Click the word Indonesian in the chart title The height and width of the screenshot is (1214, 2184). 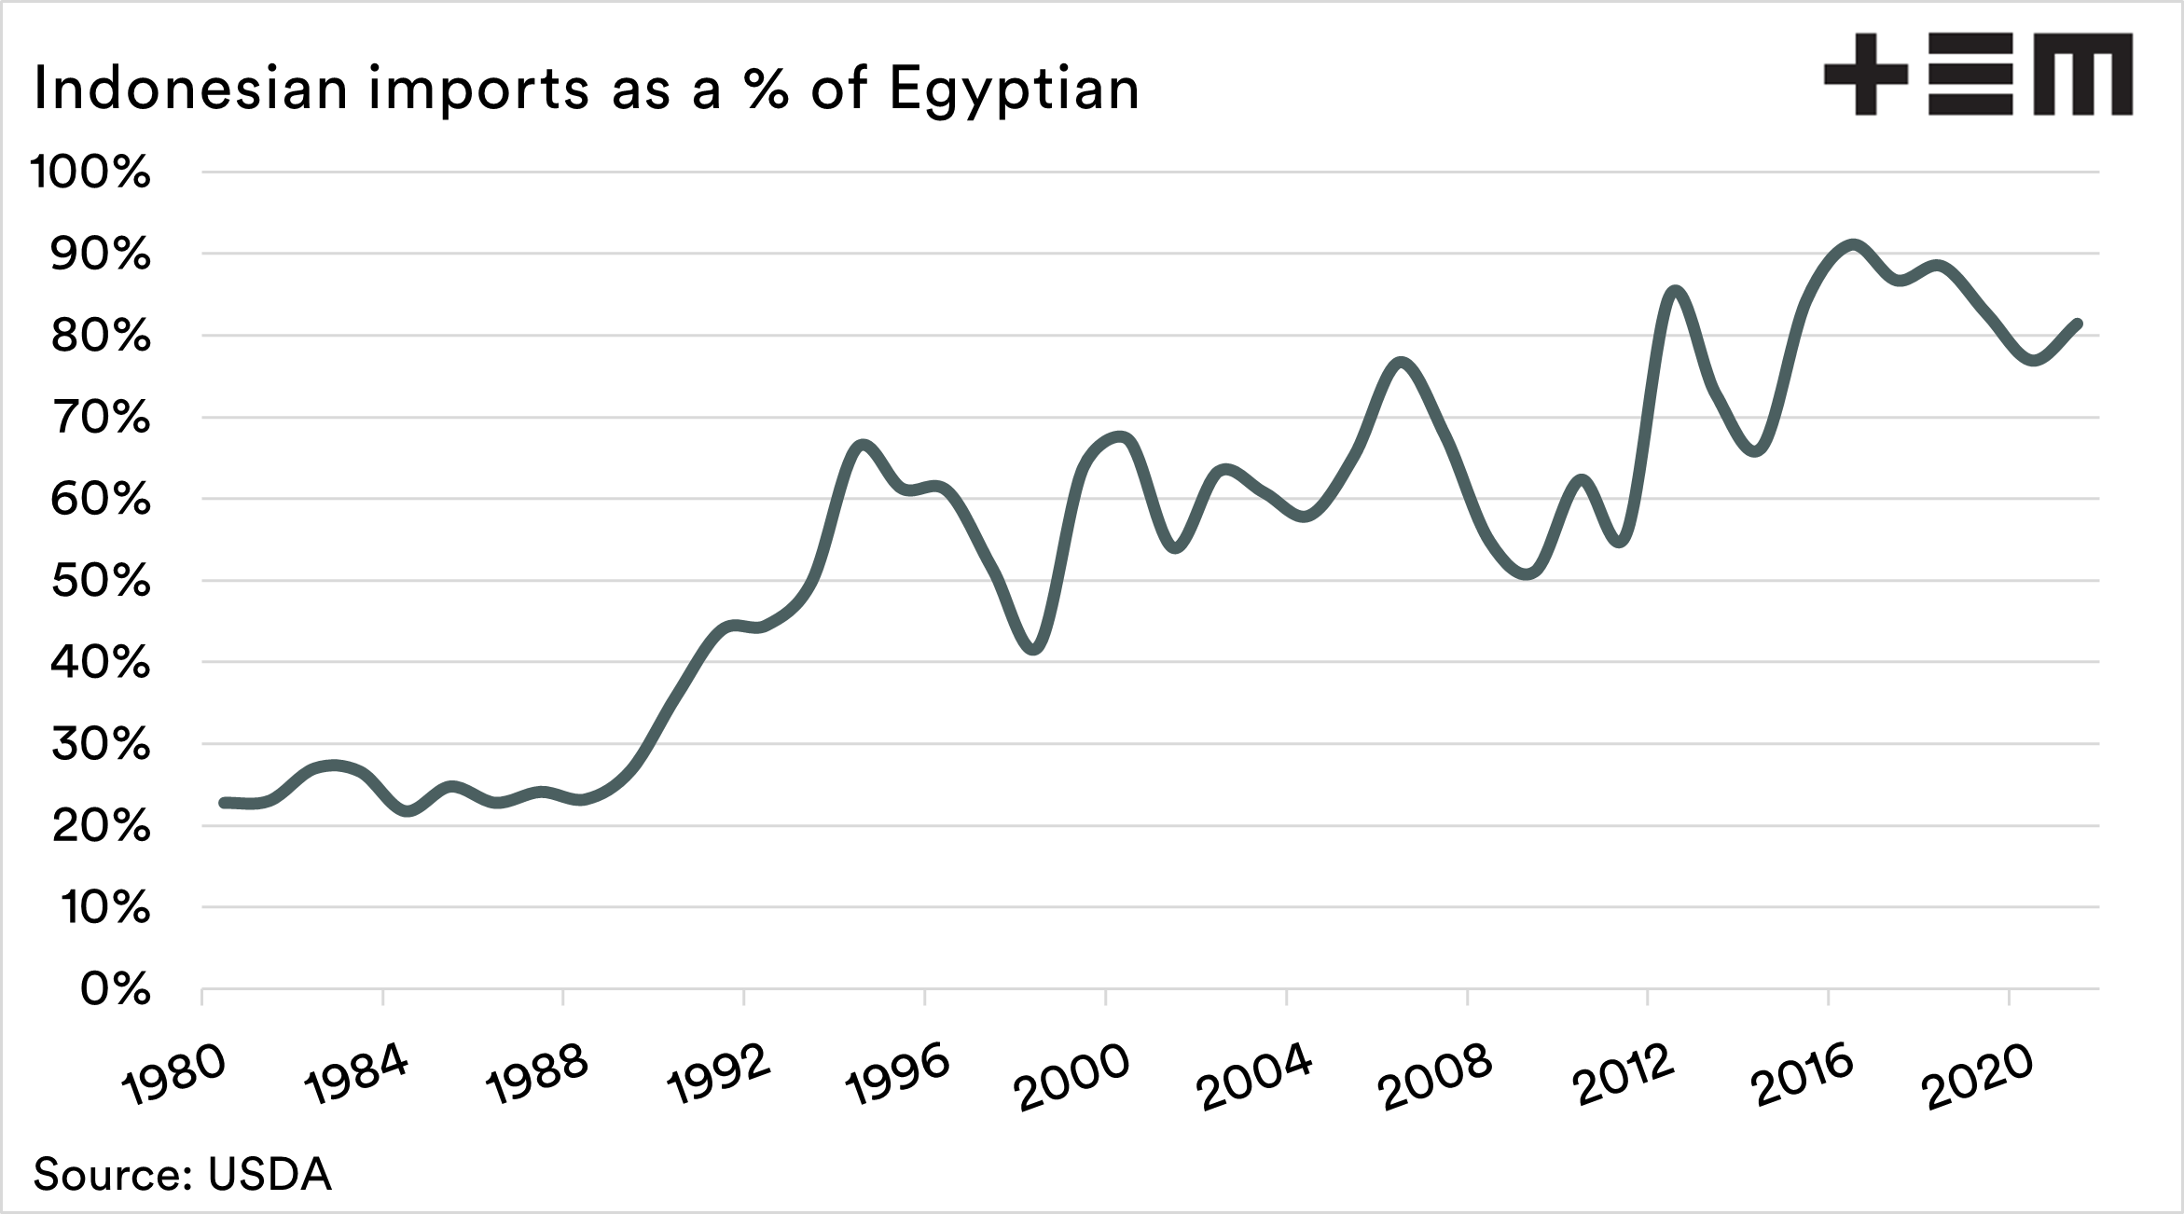pos(190,90)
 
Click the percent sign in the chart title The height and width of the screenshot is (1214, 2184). pos(767,90)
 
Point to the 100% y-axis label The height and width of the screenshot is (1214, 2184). pos(90,172)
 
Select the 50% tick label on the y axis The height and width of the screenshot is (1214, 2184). pos(100,581)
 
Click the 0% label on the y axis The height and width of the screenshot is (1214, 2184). pos(115,989)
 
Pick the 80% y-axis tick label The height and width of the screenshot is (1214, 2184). pos(100,336)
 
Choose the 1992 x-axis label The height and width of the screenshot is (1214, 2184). pos(719,1075)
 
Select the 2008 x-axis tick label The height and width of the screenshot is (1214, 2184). pos(1437,1079)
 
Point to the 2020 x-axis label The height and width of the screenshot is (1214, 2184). pos(1978,1079)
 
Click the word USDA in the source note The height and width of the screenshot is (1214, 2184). pos(270,1175)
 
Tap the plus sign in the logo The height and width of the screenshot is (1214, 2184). pos(1865,75)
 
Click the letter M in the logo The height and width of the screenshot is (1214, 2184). pos(2083,75)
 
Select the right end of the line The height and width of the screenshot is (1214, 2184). pos(2078,324)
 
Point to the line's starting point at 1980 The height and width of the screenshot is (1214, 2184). pos(224,802)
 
